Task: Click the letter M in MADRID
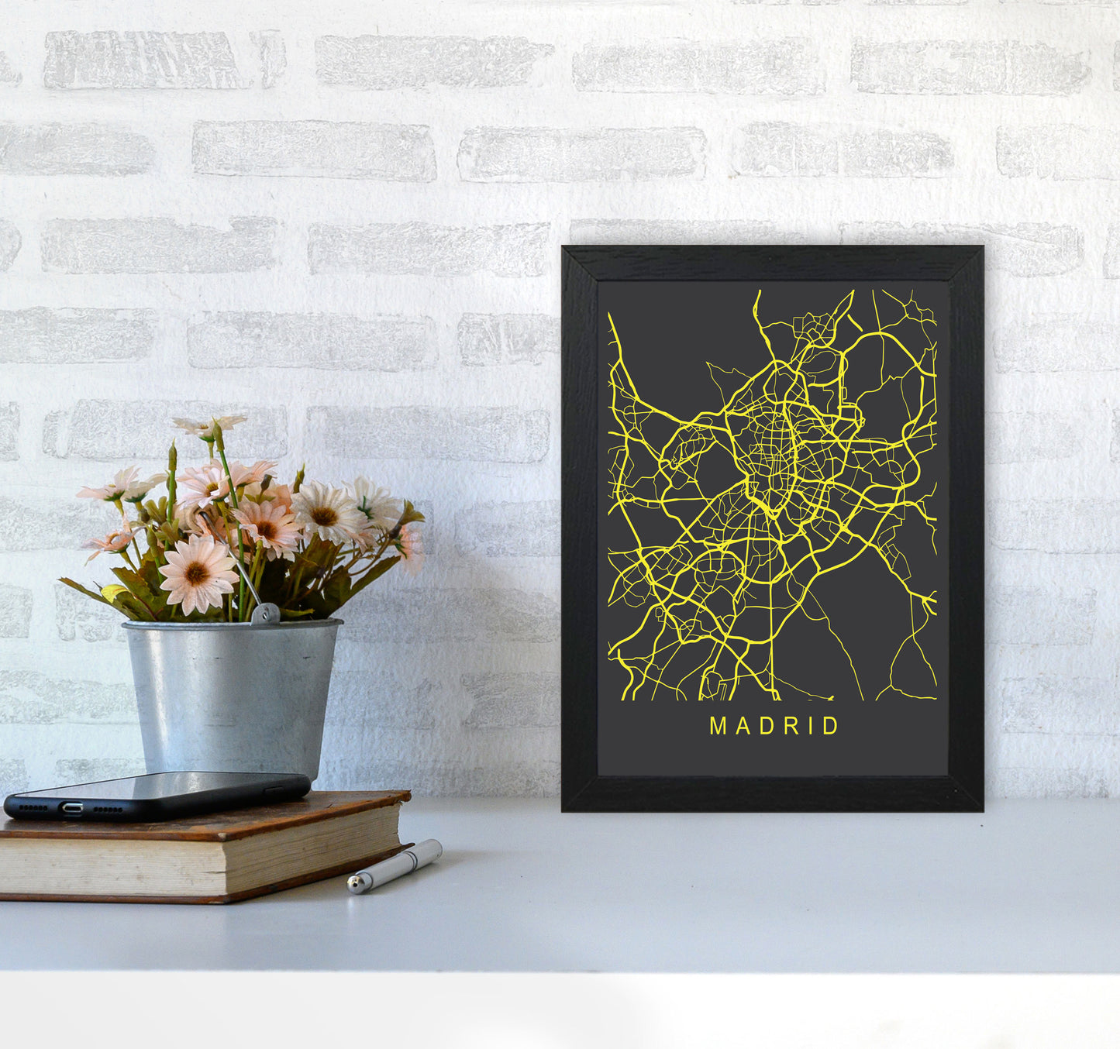[x=718, y=726]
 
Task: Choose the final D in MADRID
[x=831, y=726]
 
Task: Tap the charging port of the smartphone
[x=72, y=809]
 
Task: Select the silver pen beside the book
[x=395, y=865]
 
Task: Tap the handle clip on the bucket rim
[x=265, y=614]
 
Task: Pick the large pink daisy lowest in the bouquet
[x=198, y=574]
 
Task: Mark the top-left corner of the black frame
[x=563, y=248]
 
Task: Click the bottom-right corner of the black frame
[x=981, y=810]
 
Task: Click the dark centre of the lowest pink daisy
[x=197, y=574]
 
